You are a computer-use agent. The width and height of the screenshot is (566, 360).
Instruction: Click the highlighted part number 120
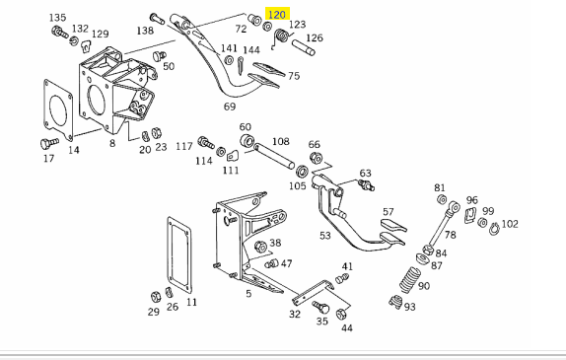pos(277,15)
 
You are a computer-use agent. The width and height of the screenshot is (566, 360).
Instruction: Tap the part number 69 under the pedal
pos(230,107)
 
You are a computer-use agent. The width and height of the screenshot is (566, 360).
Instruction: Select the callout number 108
pos(281,141)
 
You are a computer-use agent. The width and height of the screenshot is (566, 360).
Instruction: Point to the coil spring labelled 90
pos(409,280)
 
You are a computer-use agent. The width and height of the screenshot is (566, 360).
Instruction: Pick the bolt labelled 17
pos(49,143)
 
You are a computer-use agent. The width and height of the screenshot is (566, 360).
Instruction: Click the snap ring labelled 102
pos(495,229)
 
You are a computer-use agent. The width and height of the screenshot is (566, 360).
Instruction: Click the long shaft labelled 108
pos(274,156)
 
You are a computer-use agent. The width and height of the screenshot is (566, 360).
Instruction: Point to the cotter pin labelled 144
pos(241,65)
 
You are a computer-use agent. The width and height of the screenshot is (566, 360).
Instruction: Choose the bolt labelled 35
pos(320,308)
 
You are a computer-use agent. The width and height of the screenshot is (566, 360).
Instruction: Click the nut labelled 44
pos(341,314)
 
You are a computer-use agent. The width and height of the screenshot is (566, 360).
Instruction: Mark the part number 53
pos(325,236)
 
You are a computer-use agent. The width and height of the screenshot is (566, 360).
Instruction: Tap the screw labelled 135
pos(59,33)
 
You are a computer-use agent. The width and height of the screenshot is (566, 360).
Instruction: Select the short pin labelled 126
pos(304,48)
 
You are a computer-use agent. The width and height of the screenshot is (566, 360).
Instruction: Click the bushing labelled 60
pos(248,140)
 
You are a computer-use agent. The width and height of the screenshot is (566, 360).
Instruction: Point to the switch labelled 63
pos(366,184)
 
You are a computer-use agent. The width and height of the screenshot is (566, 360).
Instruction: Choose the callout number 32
pos(295,314)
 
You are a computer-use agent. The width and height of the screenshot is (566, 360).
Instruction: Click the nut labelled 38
pos(260,247)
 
